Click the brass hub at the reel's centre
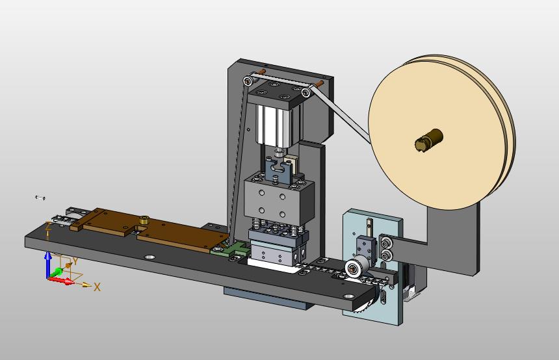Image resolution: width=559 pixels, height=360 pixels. [x=429, y=139]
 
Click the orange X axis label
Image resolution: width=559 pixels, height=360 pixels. [x=97, y=287]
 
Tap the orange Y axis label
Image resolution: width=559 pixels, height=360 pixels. [x=75, y=262]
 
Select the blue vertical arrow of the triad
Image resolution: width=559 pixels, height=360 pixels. [x=47, y=265]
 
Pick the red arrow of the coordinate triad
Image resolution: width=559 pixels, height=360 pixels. [x=61, y=281]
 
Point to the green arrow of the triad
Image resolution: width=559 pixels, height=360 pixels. [x=57, y=273]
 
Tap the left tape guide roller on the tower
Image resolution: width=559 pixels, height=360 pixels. [x=248, y=81]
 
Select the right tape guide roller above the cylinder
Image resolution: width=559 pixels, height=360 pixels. [x=306, y=93]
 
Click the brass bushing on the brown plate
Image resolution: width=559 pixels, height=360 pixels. [x=144, y=219]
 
